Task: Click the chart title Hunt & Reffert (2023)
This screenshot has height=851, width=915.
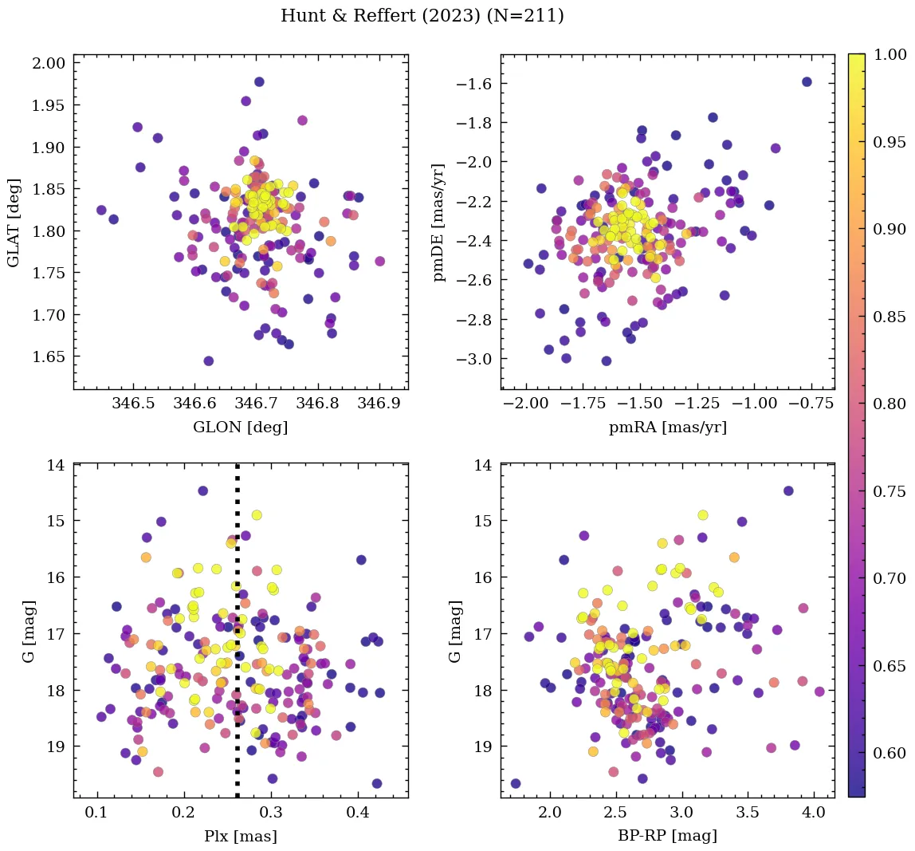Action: tap(422, 16)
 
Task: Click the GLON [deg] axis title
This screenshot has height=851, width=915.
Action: tap(241, 427)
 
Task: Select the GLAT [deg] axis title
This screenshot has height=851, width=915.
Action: tap(14, 222)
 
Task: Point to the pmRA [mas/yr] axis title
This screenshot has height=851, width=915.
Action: tap(668, 427)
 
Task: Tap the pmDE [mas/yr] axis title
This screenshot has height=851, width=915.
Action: tap(438, 222)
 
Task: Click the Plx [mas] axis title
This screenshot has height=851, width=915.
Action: tap(241, 836)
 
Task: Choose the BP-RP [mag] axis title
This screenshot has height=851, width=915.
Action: tap(668, 836)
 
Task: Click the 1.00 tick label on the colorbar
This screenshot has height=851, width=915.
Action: tap(890, 54)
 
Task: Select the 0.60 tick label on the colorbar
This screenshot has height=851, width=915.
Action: tap(890, 754)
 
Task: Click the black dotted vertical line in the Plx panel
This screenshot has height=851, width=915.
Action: tap(237, 638)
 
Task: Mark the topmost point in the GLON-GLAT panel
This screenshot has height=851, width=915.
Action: tap(259, 82)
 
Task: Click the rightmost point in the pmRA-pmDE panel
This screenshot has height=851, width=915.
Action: tap(807, 81)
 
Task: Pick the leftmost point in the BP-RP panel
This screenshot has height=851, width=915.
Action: tap(516, 783)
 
